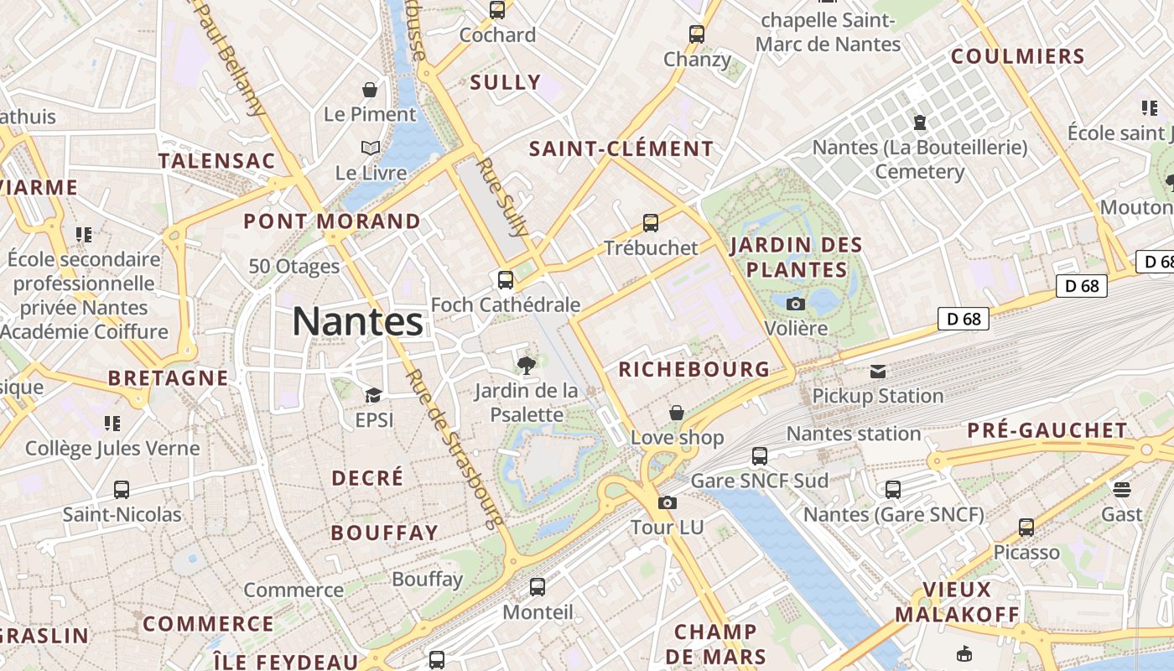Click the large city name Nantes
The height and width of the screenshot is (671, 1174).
[x=358, y=321]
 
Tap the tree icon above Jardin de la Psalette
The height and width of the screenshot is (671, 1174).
[x=527, y=365]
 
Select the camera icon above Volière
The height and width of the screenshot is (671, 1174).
[x=796, y=304]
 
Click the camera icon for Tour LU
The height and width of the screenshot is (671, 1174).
[x=668, y=502]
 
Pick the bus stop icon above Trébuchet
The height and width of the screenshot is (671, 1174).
[x=651, y=223]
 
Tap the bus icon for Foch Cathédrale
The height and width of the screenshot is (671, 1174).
[x=506, y=280]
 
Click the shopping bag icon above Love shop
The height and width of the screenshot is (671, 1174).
[x=677, y=413]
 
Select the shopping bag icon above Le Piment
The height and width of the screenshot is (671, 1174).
[x=370, y=89]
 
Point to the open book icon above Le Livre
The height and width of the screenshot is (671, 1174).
[x=371, y=148]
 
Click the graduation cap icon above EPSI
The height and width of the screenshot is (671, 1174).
[x=373, y=395]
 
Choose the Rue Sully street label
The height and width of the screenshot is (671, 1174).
[x=502, y=196]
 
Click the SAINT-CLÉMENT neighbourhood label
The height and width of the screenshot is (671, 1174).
[x=621, y=149]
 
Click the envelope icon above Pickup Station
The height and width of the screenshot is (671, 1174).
[x=877, y=372]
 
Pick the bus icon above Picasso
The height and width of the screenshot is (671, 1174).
[x=1026, y=528]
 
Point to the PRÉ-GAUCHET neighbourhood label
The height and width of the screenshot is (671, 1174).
[x=1047, y=431]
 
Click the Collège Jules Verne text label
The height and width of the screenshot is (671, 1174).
[x=112, y=448]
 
